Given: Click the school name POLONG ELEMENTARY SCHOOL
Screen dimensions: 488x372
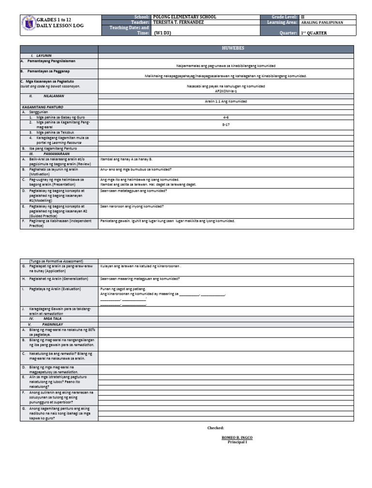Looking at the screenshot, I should (184, 17).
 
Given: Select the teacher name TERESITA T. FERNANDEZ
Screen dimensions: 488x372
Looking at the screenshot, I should (178, 22).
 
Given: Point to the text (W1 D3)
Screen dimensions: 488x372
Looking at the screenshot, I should (162, 33).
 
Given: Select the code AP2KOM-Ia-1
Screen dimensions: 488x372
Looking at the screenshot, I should (226, 91).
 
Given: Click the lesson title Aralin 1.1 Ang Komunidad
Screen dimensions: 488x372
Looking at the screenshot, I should (226, 101).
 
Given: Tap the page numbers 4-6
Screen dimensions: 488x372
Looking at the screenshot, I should (226, 117).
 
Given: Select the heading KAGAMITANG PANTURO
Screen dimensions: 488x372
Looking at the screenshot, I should (43, 106).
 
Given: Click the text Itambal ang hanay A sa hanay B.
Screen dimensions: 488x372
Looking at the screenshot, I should (126, 159).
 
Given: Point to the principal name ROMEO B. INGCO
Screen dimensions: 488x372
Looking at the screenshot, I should (237, 438).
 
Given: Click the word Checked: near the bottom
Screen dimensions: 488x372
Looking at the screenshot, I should (216, 428).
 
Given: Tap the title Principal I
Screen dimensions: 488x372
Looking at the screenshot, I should (237, 442).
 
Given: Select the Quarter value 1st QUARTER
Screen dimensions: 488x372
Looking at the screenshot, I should (314, 33).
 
